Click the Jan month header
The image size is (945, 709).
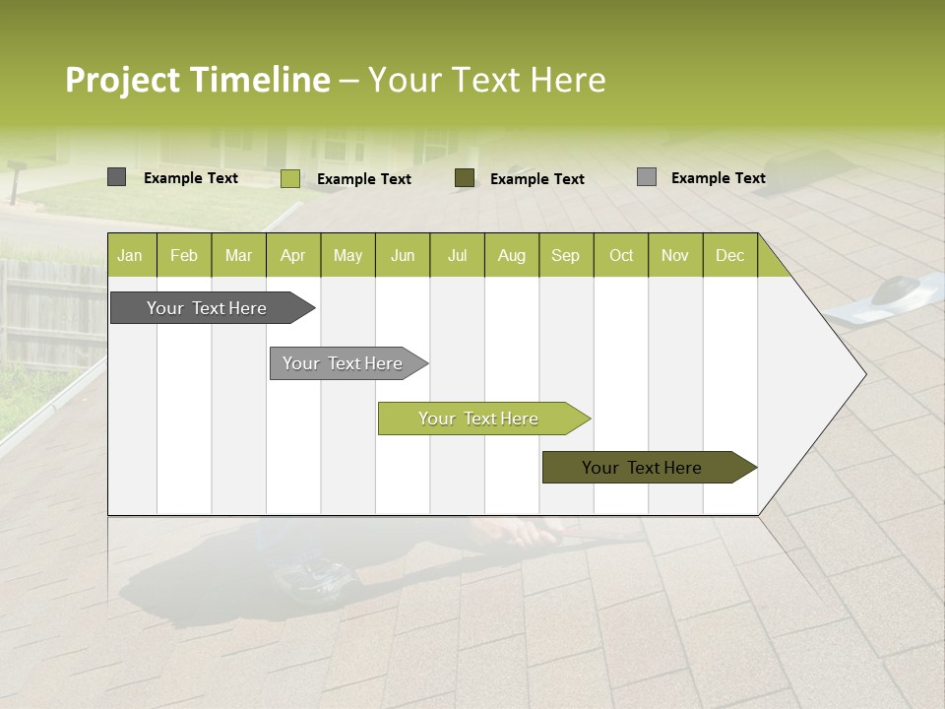130,256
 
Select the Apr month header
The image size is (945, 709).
292,256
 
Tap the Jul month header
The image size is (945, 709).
457,256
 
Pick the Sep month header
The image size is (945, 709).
565,256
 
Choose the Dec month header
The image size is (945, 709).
729,256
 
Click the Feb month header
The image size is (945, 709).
184,256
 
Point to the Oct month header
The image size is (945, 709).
621,256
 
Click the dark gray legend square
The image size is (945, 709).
116,177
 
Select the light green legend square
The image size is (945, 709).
289,178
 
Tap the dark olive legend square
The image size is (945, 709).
465,178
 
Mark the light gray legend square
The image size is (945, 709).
646,177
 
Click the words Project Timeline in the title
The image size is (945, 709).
197,80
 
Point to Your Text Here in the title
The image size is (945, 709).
486,80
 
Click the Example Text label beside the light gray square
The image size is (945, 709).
718,178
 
